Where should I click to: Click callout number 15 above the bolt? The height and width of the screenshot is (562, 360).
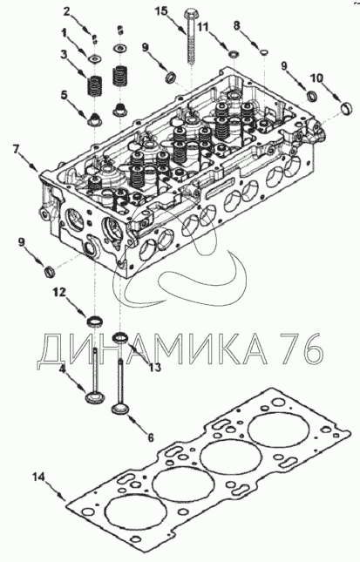pos(161,12)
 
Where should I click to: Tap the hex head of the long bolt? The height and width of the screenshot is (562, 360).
pos(190,16)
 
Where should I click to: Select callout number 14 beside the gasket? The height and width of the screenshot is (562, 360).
pos(38,477)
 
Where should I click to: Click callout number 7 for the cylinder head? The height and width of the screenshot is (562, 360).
pos(16,149)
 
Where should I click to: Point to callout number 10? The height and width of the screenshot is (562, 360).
pos(316,78)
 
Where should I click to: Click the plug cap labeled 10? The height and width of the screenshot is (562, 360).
pos(347,108)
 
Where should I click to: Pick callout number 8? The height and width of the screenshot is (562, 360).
pos(236,25)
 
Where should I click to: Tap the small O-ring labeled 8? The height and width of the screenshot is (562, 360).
pos(264,52)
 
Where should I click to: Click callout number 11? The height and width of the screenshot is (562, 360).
pos(202,27)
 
